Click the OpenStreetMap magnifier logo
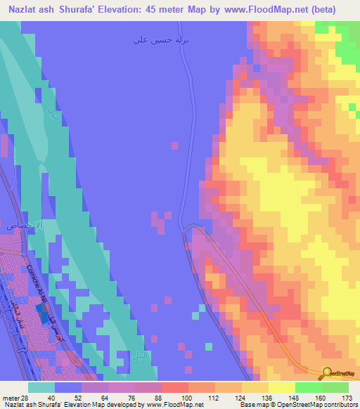(x=328, y=374)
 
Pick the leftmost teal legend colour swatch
(x=41, y=387)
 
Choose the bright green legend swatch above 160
(x=308, y=387)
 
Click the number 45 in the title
(x=173, y=9)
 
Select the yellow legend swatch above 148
(x=281, y=387)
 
